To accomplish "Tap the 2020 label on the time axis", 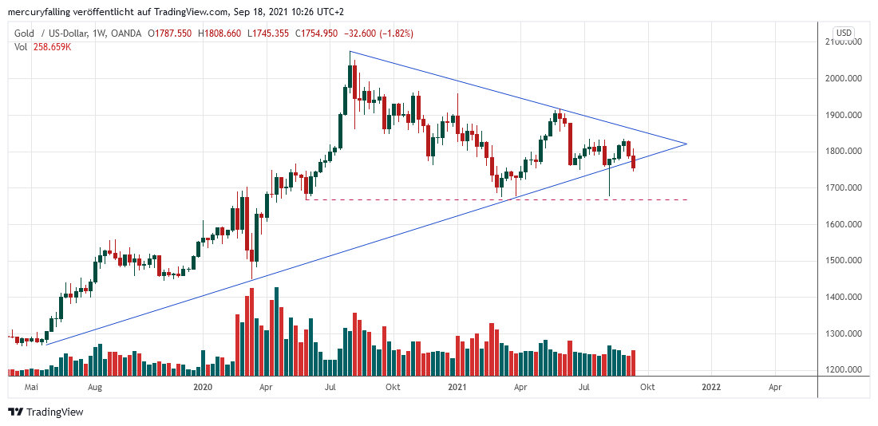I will pos(204,387).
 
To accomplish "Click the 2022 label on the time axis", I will pos(711,387).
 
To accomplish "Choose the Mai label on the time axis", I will pos(32,387).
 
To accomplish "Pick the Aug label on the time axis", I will pos(95,387).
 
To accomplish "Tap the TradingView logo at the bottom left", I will pos(45,412).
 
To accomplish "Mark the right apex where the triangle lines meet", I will pos(686,144).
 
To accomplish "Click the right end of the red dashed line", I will pos(686,199).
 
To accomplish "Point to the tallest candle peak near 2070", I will pos(350,53).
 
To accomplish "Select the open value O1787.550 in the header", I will pos(172,34).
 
